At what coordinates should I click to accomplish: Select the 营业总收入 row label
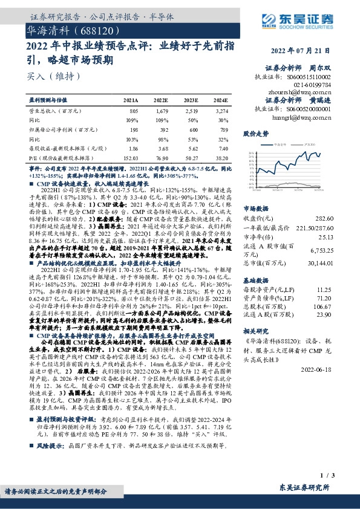coord(54,111)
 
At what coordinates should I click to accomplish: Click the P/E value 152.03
coord(130,157)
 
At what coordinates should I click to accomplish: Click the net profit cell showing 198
coord(133,129)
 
